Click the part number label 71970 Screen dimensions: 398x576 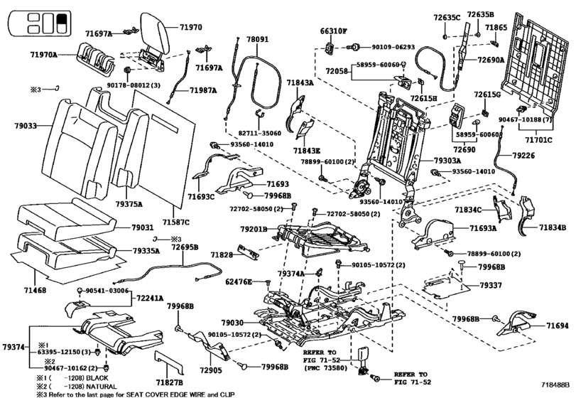coord(190,27)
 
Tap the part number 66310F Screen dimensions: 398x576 coord(333,31)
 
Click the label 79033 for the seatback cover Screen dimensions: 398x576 coord(25,126)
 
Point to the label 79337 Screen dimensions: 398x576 coord(490,285)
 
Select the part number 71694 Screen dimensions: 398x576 coord(557,326)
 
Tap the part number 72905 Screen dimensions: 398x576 coord(212,370)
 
